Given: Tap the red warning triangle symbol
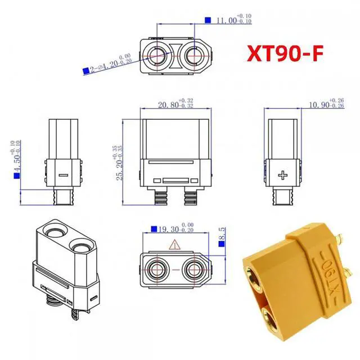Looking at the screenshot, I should [174, 245].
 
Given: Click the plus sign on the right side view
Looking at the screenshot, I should [282, 174].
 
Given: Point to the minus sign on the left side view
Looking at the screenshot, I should [63, 174].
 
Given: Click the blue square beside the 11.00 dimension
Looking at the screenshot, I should [208, 20].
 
